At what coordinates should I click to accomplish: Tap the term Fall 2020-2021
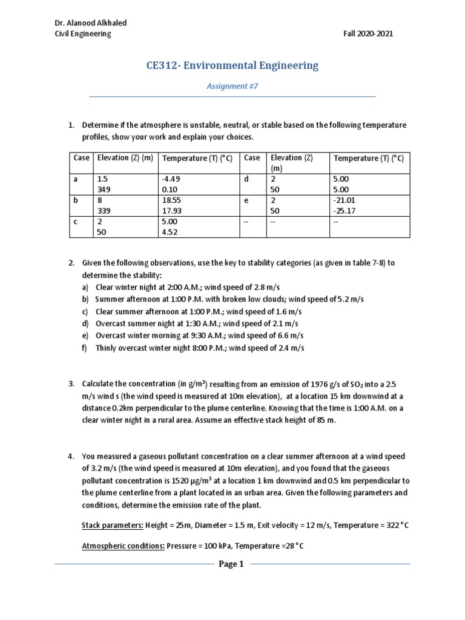[x=368, y=34]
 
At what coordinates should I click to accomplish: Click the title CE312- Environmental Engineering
[x=232, y=66]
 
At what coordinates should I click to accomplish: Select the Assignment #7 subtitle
[x=232, y=87]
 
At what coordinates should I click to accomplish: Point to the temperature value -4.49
[x=171, y=179]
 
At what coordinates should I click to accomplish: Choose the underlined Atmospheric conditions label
[x=121, y=546]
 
